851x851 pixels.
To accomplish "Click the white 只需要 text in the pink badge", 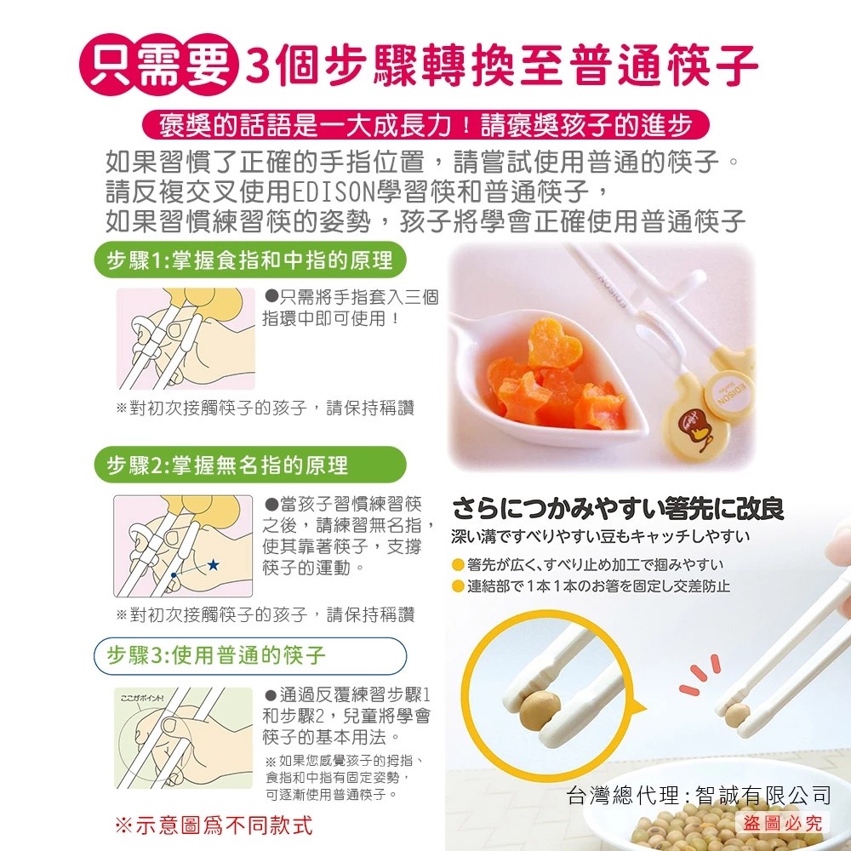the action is coord(159,66).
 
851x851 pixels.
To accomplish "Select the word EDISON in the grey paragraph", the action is coord(334,191).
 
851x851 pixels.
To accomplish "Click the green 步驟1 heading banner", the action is coord(250,260).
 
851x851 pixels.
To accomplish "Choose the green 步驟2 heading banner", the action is coord(250,465).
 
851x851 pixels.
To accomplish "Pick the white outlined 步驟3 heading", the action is coord(250,655).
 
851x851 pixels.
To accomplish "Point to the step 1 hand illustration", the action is coord(186,339).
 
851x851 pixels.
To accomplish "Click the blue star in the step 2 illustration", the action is coord(213,565).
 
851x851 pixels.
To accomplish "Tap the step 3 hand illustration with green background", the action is coord(184,738).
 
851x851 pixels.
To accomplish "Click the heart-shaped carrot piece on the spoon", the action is coord(552,343).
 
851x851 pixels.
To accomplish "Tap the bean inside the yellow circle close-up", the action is coord(539,711).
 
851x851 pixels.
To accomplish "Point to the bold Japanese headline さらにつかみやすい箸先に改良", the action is coord(618,509).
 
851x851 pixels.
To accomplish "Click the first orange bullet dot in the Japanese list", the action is coord(458,565).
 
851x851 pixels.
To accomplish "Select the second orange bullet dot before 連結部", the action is coord(458,586).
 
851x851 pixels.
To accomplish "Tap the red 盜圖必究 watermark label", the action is coord(783,823).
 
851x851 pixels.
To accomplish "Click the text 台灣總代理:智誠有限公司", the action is coord(699,795).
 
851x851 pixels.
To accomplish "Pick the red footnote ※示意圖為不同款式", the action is coord(214,825).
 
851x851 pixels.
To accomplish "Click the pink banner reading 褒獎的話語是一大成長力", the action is coord(425,125).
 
